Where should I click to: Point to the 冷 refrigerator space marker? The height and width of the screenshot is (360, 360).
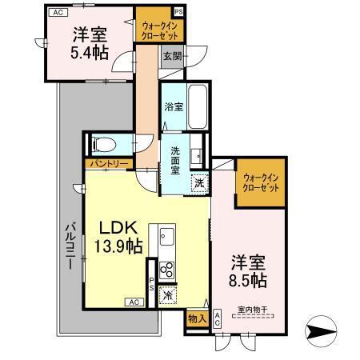(168, 294)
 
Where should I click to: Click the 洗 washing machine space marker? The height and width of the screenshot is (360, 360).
(199, 183)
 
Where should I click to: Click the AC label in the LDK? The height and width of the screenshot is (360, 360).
(134, 302)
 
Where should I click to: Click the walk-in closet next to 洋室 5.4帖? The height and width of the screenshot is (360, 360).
(161, 30)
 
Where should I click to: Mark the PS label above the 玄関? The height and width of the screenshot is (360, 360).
(178, 12)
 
